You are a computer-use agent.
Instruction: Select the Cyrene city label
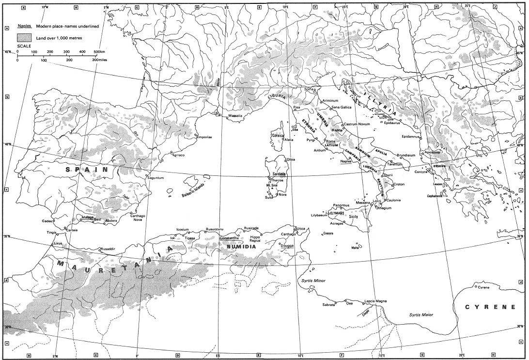(483, 288)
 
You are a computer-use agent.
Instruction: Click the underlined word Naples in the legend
(24, 26)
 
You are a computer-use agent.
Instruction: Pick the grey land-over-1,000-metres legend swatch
(25, 37)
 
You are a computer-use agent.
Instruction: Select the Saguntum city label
(156, 178)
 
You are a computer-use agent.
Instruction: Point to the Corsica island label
(278, 135)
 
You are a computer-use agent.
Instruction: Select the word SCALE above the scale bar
(24, 46)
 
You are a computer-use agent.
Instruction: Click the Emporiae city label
(204, 137)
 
